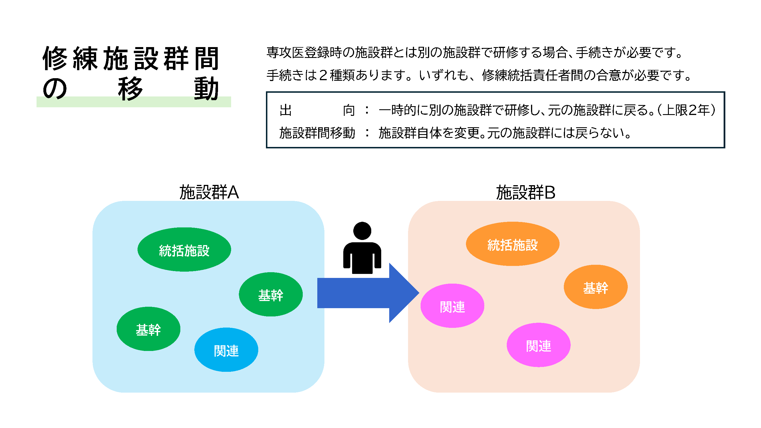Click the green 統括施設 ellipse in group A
click(184, 250)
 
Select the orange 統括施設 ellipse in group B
click(512, 244)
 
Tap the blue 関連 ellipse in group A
click(226, 350)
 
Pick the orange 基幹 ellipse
click(596, 287)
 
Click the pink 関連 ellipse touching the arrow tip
click(452, 306)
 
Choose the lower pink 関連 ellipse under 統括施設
click(538, 345)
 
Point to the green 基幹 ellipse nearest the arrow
click(271, 294)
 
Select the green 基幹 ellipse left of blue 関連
click(148, 329)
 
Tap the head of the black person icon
click(362, 231)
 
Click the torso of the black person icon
click(362, 257)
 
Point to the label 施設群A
click(209, 193)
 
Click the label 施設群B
click(526, 193)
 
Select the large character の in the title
click(55, 89)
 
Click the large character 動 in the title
click(206, 89)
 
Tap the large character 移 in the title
click(130, 89)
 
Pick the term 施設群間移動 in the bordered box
click(317, 133)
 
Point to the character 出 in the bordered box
click(286, 110)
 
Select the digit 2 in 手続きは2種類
click(323, 75)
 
